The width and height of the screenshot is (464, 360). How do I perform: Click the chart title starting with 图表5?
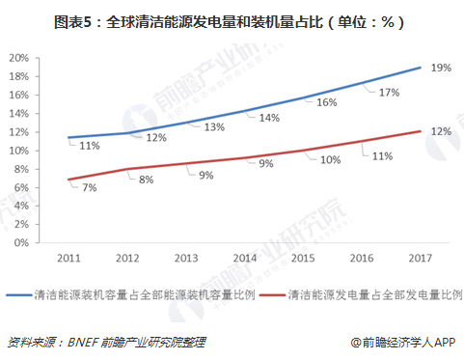(232, 19)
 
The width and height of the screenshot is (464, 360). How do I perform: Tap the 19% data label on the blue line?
(440, 69)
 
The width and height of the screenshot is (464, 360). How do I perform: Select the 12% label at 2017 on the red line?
(440, 130)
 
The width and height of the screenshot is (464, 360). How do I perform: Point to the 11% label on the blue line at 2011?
(90, 146)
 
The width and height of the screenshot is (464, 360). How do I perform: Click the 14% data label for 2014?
(268, 118)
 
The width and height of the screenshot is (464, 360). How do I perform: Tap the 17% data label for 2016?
(389, 93)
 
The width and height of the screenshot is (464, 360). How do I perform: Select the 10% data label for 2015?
(330, 158)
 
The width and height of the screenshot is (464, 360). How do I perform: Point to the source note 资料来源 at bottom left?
(106, 342)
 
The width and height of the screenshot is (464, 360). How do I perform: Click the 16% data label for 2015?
(326, 102)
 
